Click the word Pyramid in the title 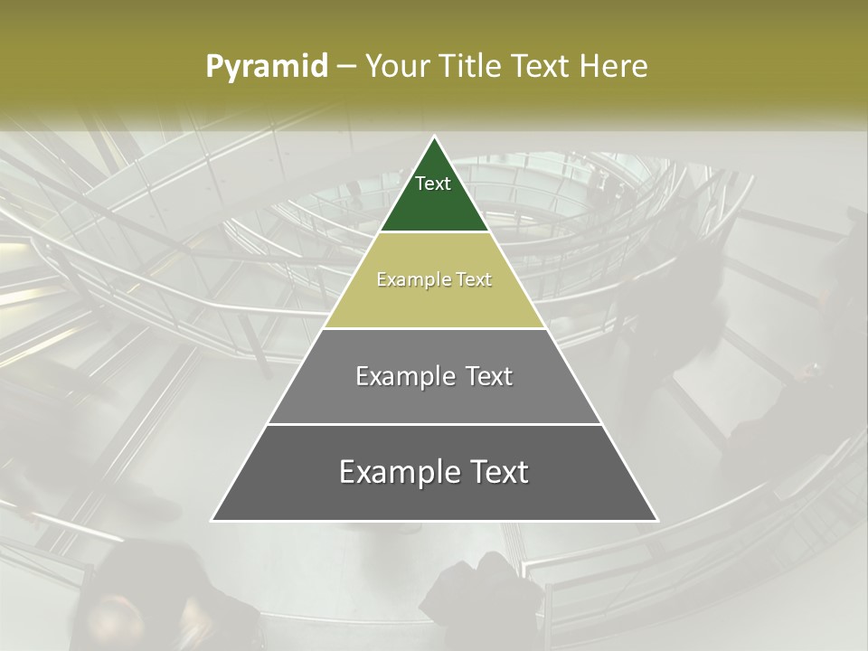[267, 67]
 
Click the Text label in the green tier [433, 184]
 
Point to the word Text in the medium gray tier [490, 376]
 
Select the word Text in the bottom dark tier [498, 472]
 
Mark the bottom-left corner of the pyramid [212, 521]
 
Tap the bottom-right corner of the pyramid [657, 521]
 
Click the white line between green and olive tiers [434, 232]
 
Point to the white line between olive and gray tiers [434, 328]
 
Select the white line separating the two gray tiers [434, 424]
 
